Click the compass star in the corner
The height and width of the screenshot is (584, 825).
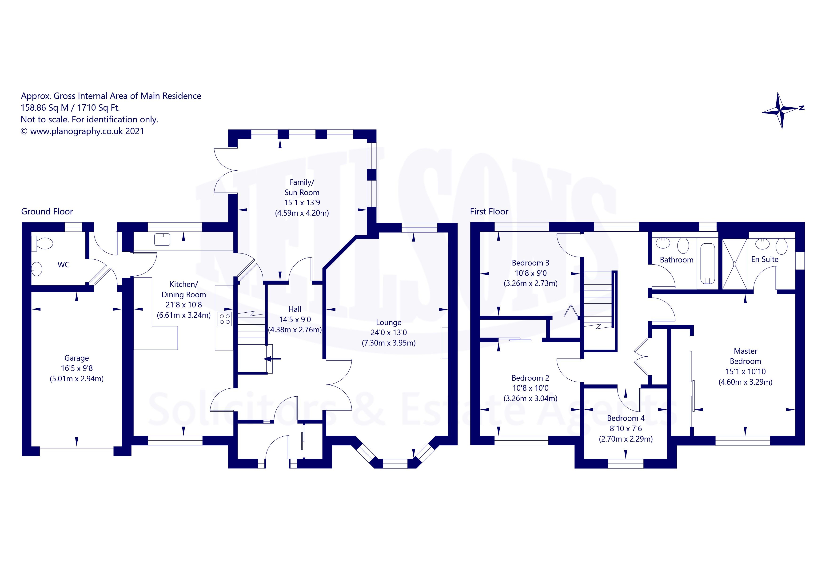782,110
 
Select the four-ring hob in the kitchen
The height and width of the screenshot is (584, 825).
225,319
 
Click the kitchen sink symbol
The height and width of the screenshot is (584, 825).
162,239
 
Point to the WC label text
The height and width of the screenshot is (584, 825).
64,265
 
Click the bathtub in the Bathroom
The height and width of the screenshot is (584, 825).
707,264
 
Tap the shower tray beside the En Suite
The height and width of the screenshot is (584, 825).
734,264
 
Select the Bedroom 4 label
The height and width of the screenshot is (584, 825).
626,418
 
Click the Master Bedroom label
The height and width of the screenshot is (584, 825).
745,356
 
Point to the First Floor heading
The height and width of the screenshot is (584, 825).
489,211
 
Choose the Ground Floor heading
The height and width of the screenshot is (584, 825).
47,211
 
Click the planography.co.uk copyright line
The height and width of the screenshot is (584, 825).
82,131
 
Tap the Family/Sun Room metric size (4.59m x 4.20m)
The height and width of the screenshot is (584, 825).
302,213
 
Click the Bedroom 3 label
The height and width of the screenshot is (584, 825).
530,263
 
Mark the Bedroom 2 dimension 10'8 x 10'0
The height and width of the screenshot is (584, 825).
530,388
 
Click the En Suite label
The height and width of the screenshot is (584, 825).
765,259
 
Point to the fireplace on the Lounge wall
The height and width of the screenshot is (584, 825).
445,342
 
